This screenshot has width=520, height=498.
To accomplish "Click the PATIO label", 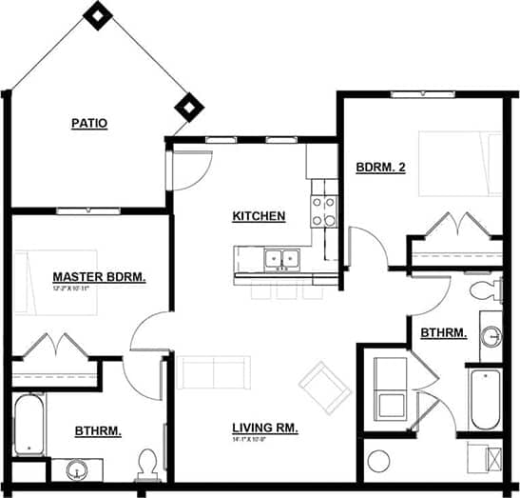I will (x=88, y=123).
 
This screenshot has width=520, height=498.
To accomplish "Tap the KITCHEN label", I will (x=259, y=216).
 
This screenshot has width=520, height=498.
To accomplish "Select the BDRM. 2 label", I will (x=381, y=168).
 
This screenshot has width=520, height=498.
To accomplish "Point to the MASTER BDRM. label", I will (x=99, y=277).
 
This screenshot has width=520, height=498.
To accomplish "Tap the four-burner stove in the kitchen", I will (x=324, y=210).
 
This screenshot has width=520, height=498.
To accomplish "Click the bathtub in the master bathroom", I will (x=29, y=424).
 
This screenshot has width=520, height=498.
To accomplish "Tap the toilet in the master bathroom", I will (x=145, y=464).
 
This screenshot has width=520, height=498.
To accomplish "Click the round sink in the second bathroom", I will (x=491, y=336).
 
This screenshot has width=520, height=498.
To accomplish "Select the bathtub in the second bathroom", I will (x=485, y=400).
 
